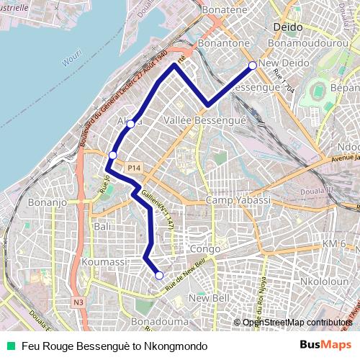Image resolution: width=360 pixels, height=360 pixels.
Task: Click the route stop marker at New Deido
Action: click(253, 66)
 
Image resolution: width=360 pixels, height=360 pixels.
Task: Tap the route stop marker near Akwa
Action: click(130, 124)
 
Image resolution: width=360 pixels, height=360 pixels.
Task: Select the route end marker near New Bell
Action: click(159, 275)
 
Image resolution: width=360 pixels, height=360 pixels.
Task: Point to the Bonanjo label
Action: click(48, 203)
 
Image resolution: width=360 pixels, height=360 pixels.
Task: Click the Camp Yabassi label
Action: click(238, 199)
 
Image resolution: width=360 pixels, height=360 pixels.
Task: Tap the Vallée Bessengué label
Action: click(205, 120)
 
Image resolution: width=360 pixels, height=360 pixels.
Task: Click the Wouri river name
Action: click(71, 62)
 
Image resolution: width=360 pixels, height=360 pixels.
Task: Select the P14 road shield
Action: click(133, 168)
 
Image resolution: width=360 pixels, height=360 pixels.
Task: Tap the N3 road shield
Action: click(78, 303)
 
